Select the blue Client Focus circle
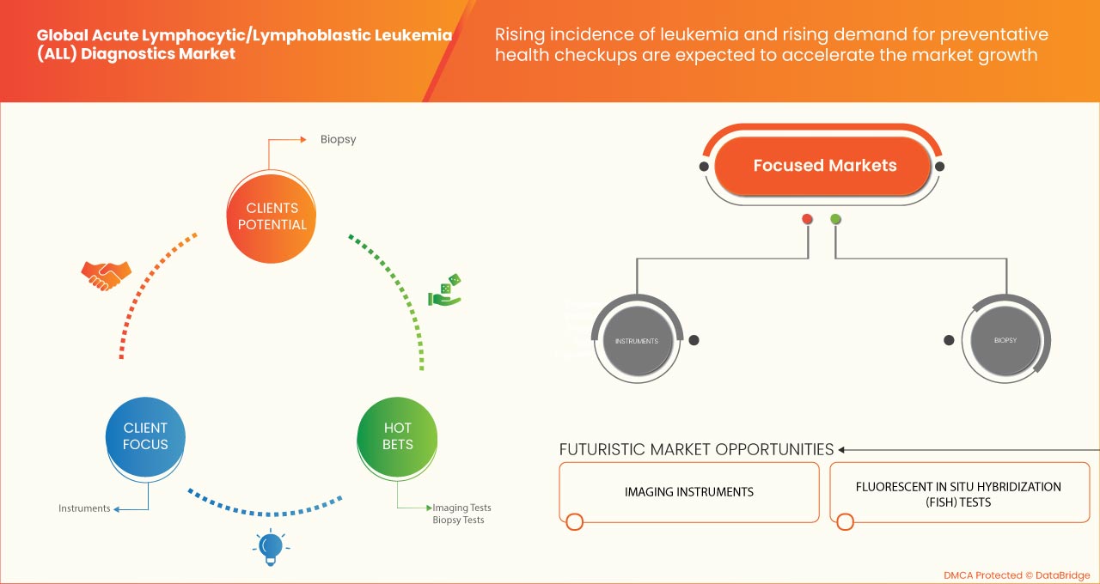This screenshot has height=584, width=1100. [x=145, y=435]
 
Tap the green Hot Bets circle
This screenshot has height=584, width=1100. [x=397, y=435]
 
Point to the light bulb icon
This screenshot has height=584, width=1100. [x=271, y=546]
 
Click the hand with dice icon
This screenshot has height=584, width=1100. [x=445, y=291]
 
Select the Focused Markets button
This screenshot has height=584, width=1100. [x=824, y=166]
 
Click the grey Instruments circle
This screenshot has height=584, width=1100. [x=636, y=341]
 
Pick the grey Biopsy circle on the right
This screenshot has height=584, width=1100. [x=1005, y=341]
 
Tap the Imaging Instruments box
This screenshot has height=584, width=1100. [x=688, y=492]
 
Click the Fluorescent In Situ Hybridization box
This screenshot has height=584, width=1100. [x=958, y=494]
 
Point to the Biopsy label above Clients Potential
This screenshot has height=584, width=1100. [x=338, y=138]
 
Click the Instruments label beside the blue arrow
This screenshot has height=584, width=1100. [x=84, y=508]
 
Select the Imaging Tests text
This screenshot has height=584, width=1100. [x=461, y=508]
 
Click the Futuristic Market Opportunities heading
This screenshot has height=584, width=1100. [x=696, y=449]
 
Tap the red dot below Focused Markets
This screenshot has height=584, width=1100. [x=807, y=219]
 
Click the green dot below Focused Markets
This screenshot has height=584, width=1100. [x=835, y=219]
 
